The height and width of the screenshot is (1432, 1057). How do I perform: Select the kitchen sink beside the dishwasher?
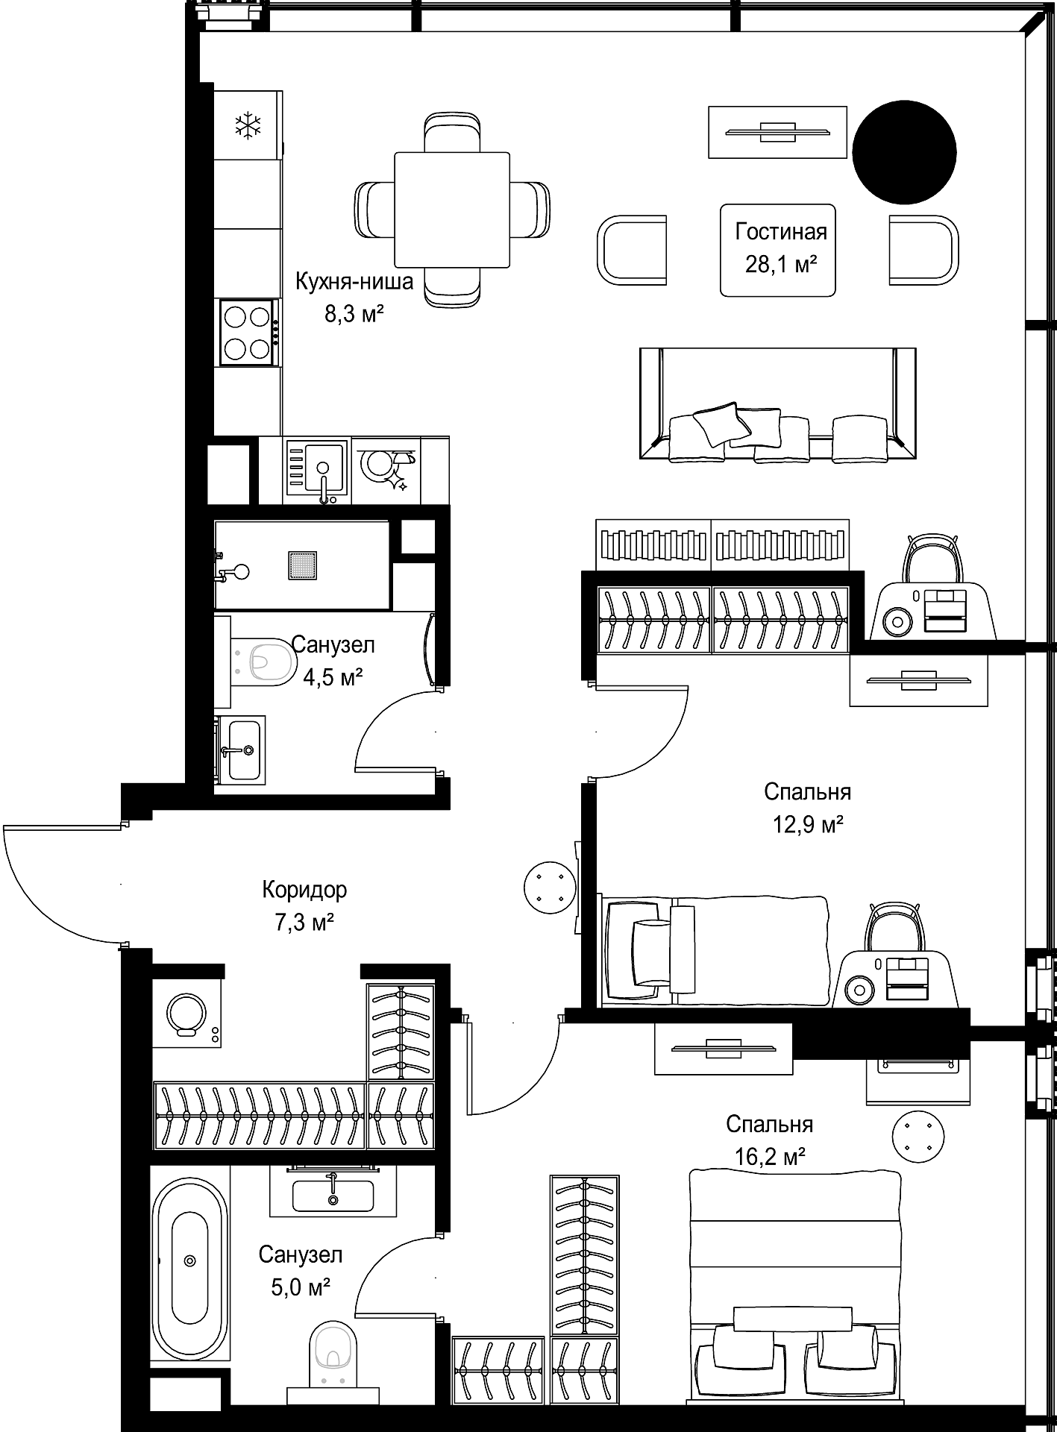click(x=316, y=469)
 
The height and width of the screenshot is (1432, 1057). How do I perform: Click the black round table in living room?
click(x=904, y=152)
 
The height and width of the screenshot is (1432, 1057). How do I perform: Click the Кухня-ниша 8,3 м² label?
click(x=354, y=297)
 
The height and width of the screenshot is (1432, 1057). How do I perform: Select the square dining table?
click(x=452, y=210)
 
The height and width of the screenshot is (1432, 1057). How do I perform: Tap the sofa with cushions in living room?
click(x=777, y=403)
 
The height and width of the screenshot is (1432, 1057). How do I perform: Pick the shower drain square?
click(x=303, y=565)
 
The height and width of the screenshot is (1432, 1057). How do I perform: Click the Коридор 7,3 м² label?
click(x=304, y=905)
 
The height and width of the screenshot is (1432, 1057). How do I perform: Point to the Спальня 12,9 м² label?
click(x=807, y=807)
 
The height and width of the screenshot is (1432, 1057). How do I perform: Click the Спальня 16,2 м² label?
click(x=769, y=1139)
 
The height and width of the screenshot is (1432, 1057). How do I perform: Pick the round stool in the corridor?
click(x=550, y=886)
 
